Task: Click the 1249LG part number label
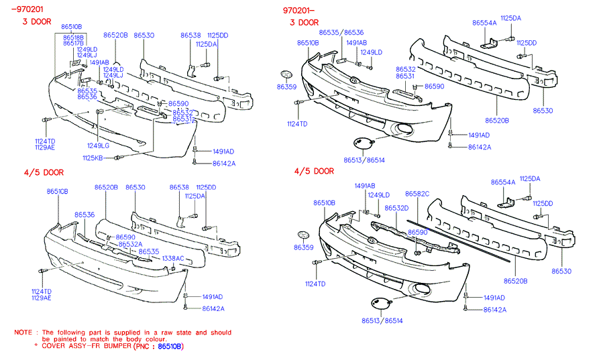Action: (x=98, y=145)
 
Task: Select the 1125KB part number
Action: (x=93, y=158)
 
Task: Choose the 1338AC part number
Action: (x=172, y=258)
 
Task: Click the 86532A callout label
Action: (x=130, y=244)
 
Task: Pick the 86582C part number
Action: (x=417, y=194)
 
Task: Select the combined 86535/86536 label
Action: (x=341, y=32)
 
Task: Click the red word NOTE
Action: (x=24, y=332)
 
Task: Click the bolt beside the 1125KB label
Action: (x=118, y=158)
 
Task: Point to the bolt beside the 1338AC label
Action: (x=174, y=267)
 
